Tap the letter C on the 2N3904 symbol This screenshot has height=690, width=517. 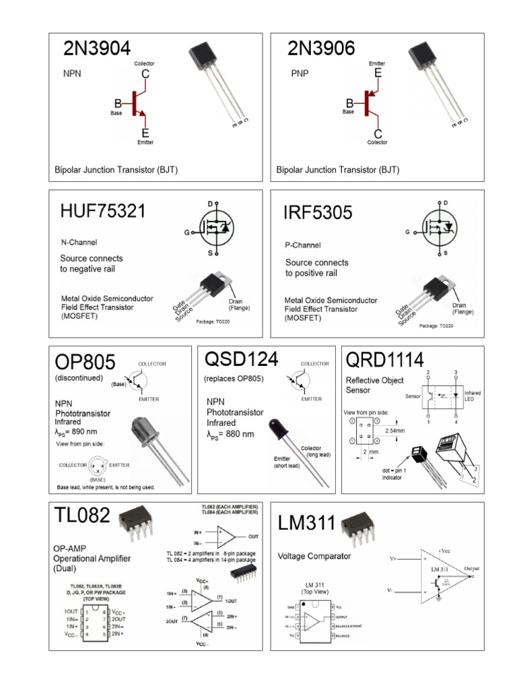[145, 73]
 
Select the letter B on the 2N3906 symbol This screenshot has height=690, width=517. [349, 103]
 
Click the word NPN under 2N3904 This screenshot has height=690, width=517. [72, 74]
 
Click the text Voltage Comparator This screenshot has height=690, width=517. [314, 556]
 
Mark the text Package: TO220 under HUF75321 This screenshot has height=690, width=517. [214, 321]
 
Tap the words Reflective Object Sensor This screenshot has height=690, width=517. [375, 385]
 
